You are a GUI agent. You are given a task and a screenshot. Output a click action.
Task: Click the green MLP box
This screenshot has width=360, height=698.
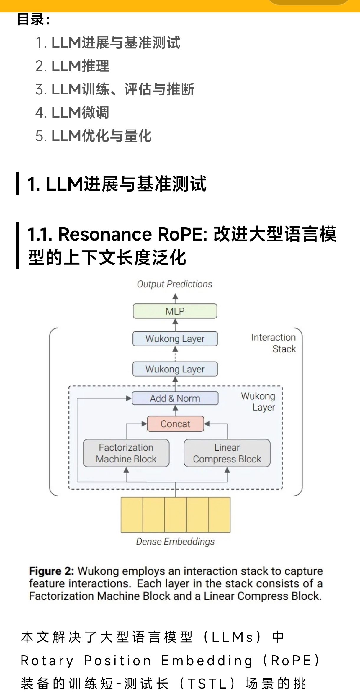(x=175, y=311)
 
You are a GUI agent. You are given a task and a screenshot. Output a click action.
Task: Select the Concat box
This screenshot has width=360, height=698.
(x=175, y=424)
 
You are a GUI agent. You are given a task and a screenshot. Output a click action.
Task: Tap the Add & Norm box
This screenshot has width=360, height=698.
(x=175, y=398)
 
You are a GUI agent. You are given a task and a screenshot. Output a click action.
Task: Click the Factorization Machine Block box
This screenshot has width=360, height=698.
(x=126, y=453)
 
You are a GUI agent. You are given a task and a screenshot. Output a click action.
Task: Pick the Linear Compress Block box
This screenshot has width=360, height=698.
(x=227, y=453)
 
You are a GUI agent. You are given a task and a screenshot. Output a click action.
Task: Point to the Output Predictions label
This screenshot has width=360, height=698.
(x=174, y=284)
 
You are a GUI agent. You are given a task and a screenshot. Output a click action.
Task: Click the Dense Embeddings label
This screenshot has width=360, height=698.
(x=175, y=542)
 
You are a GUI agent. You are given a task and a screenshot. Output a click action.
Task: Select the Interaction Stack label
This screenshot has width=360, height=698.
(x=273, y=343)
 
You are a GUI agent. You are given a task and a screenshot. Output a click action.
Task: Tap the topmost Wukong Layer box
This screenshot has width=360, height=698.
(x=175, y=339)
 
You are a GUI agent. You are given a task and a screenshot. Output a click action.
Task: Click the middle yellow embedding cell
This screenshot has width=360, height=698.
(x=176, y=515)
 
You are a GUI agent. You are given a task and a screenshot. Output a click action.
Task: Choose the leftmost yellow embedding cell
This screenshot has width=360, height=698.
(x=132, y=515)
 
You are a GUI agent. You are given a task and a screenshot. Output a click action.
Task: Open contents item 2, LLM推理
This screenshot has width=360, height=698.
(x=80, y=66)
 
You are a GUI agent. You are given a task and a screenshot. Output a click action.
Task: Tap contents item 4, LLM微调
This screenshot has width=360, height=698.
(x=80, y=113)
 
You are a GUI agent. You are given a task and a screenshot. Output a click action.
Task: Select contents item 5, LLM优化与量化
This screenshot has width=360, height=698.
(x=102, y=136)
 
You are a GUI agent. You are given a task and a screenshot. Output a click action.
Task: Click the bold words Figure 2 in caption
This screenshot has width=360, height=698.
(x=51, y=571)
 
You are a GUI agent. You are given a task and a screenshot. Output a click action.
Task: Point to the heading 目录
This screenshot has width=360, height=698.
(x=33, y=19)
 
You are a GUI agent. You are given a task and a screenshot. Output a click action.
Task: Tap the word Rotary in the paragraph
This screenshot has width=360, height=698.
(x=47, y=661)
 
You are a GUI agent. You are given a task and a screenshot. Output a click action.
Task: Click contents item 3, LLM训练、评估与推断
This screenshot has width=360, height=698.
(x=123, y=89)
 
